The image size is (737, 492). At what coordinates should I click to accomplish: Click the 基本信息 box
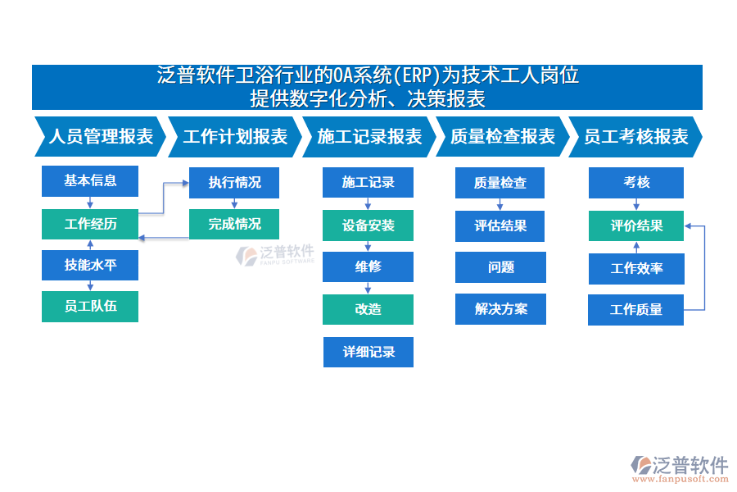90,181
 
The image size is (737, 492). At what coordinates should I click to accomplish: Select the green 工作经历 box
90,224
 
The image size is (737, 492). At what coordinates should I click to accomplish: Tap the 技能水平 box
90,265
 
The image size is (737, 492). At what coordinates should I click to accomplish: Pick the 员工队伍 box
90,307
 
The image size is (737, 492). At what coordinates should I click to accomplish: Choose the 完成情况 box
234,224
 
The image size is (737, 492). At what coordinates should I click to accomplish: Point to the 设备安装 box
368,225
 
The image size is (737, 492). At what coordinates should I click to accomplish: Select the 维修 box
368,266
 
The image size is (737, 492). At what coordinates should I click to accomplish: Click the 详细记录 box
368,352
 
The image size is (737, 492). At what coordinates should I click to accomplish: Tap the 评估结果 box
500,225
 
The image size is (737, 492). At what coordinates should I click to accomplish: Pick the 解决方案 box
500,309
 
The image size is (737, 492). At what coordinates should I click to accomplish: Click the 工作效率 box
636,268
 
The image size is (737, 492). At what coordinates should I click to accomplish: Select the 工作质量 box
636,310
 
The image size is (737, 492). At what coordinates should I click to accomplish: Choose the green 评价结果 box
636,225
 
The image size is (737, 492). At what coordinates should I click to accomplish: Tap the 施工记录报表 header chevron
368,137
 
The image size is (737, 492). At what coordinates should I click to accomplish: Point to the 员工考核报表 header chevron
635,137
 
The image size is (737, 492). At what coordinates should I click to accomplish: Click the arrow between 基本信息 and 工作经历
90,203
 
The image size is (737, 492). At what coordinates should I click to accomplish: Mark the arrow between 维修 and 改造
368,288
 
